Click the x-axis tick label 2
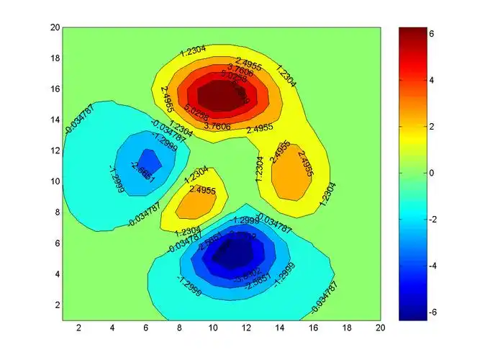click(x=78, y=328)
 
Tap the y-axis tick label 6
click(x=54, y=243)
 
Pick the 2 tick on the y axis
click(x=54, y=305)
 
